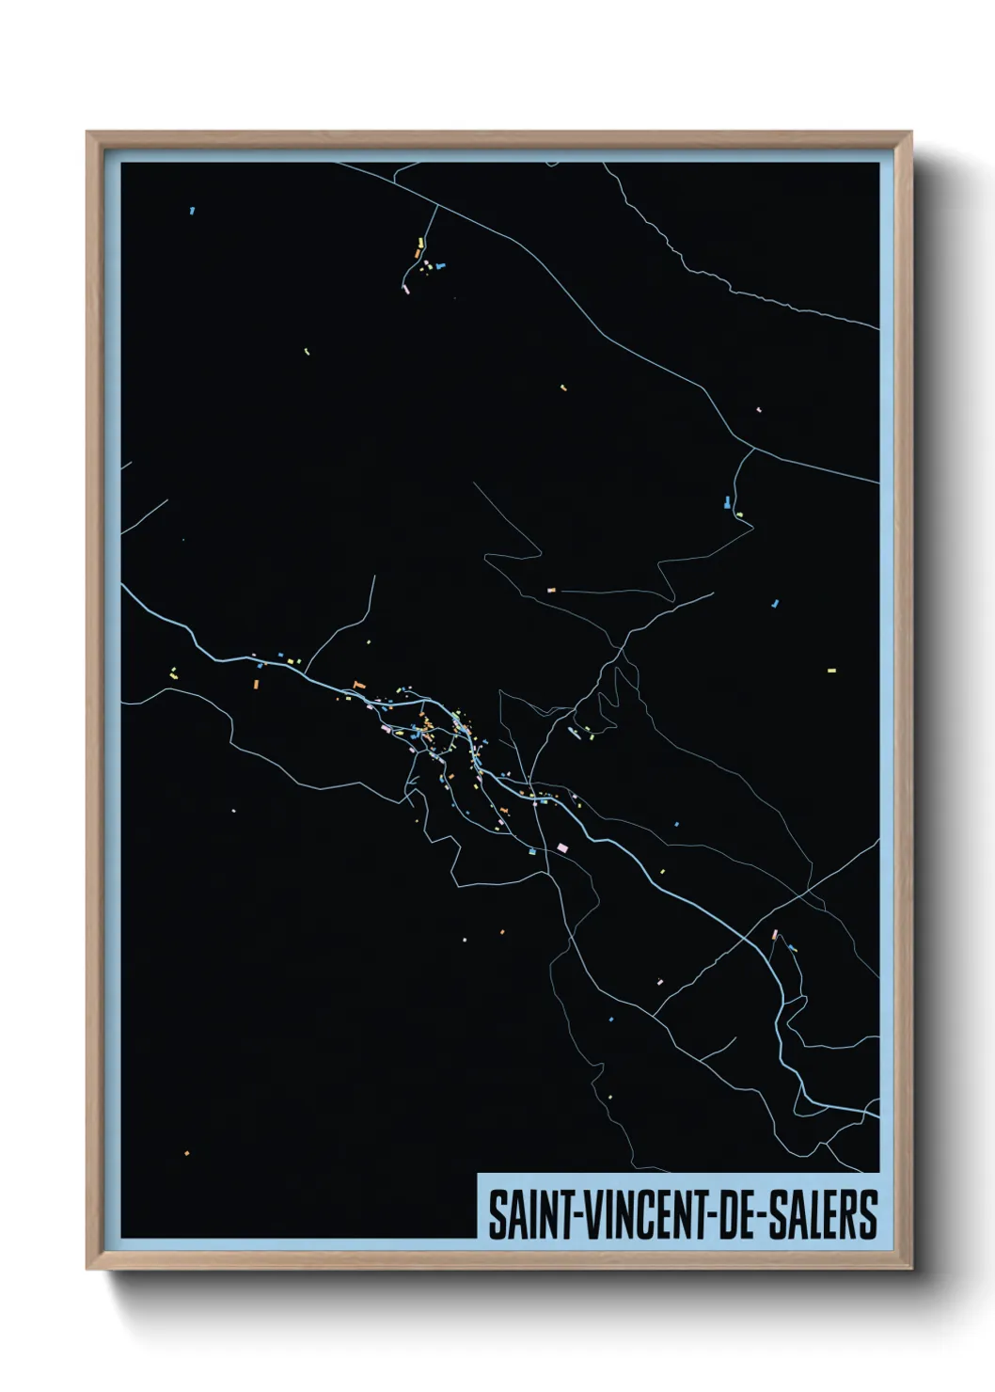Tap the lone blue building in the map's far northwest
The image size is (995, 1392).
coord(192,211)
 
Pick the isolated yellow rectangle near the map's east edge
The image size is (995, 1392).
coord(830,671)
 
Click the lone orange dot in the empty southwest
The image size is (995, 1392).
coord(186,1153)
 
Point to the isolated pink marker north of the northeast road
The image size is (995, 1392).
coord(758,410)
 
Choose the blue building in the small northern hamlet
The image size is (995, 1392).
coord(440,266)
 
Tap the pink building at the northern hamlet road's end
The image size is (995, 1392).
coord(406,289)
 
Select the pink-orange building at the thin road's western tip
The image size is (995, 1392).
coord(551,590)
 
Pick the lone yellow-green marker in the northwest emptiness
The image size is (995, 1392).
coord(307,352)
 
